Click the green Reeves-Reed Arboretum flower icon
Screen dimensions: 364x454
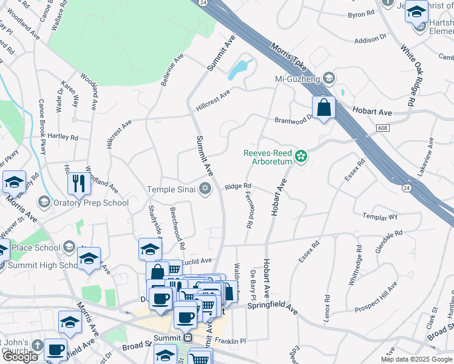pos(300,158)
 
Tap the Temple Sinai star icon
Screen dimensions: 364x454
pos(205,190)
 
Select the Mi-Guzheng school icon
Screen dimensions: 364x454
pos(328,78)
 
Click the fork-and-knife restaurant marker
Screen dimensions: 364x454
pos(79,183)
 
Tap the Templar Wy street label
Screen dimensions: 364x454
pos(380,216)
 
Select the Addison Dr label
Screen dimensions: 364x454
pos(370,39)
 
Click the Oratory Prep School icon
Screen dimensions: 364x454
pos(44,201)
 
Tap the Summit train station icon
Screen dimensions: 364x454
pos(188,338)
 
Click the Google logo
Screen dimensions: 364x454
pos(21,357)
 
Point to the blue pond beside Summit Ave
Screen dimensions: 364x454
pos(240,70)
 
